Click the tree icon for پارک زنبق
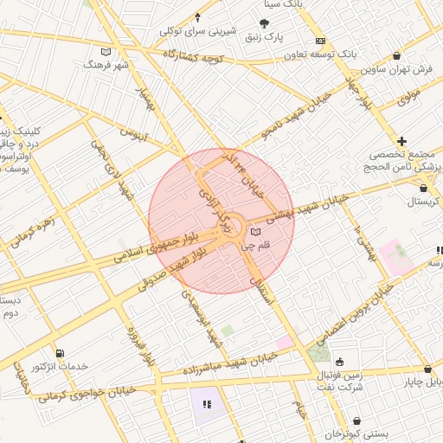(264, 23)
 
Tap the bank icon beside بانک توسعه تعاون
(320, 41)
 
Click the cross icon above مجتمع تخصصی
(401, 141)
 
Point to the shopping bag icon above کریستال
(422, 188)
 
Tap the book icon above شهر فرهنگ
(106, 51)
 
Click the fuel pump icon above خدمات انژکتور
(59, 353)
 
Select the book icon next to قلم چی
(254, 232)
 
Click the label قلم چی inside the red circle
(254, 246)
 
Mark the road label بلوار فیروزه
(144, 346)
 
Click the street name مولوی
(408, 96)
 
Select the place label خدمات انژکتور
(59, 367)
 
